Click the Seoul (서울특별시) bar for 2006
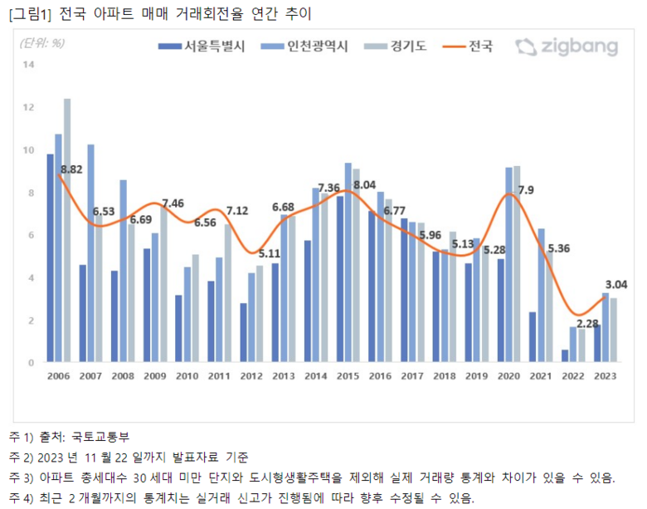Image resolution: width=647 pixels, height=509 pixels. tap(50, 258)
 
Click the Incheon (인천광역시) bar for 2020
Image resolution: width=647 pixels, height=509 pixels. tap(508, 265)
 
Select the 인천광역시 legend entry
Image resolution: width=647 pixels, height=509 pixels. tap(304, 46)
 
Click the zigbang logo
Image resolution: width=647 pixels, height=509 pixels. tap(566, 46)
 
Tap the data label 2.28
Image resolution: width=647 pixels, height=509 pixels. tap(588, 323)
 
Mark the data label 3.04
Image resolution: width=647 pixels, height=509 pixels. tap(616, 284)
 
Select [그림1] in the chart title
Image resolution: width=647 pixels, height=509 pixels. tap(30, 12)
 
